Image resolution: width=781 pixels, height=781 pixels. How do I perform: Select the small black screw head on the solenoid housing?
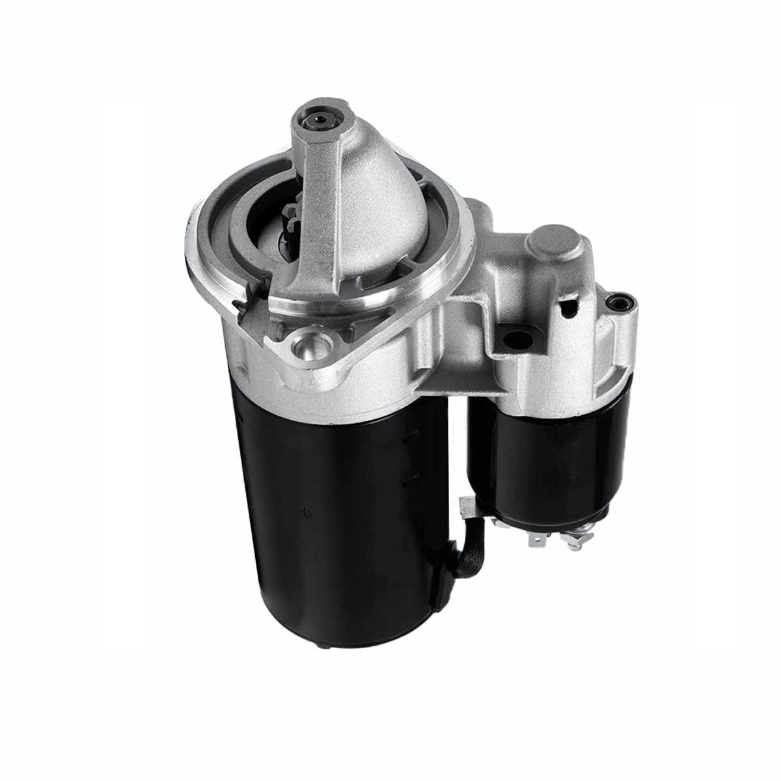tap(616, 301)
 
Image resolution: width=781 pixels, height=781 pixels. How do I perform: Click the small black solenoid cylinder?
tap(553, 449)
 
